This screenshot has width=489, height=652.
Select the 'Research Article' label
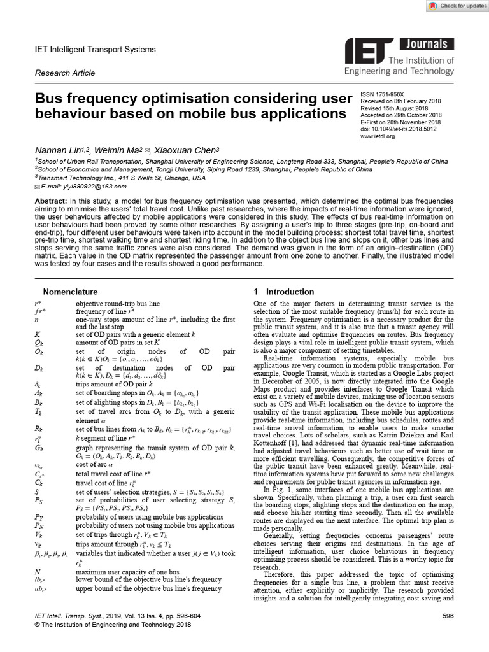(64, 73)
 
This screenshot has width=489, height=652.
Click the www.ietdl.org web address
(378, 136)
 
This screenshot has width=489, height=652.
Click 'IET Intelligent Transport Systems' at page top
(95, 49)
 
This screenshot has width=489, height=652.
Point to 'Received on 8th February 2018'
(400, 100)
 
